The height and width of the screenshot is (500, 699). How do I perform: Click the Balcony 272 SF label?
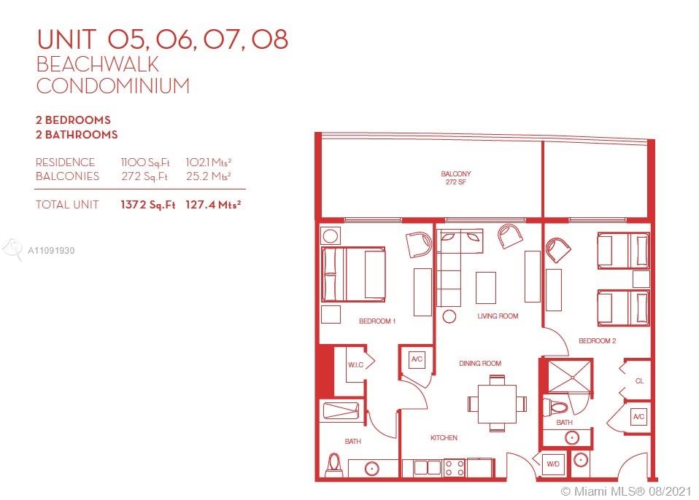click(455, 178)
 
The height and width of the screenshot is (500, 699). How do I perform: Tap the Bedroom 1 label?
click(377, 321)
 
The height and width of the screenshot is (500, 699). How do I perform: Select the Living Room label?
click(498, 316)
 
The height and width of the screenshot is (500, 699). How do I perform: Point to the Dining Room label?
click(480, 363)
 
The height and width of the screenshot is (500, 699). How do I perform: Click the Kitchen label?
click(444, 437)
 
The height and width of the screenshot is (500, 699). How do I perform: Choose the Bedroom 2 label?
click(597, 340)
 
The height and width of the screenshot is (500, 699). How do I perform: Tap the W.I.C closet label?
click(356, 364)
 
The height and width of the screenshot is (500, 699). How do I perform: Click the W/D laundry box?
click(553, 464)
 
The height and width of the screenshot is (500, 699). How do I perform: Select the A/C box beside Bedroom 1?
click(417, 359)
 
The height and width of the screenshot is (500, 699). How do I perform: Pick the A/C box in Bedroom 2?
click(638, 417)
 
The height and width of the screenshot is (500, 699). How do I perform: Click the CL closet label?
click(639, 380)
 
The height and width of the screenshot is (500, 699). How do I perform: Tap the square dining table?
click(497, 403)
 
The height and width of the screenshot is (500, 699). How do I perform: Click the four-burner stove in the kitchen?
click(455, 468)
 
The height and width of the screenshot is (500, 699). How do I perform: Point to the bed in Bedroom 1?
click(353, 275)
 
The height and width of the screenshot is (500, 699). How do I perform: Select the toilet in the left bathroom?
click(334, 465)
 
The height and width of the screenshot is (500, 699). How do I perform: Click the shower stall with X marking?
click(569, 378)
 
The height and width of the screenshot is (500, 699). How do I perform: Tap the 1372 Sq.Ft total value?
click(147, 206)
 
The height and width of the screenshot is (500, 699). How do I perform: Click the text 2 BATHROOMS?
click(77, 134)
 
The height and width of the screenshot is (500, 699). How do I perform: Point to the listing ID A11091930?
click(51, 251)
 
